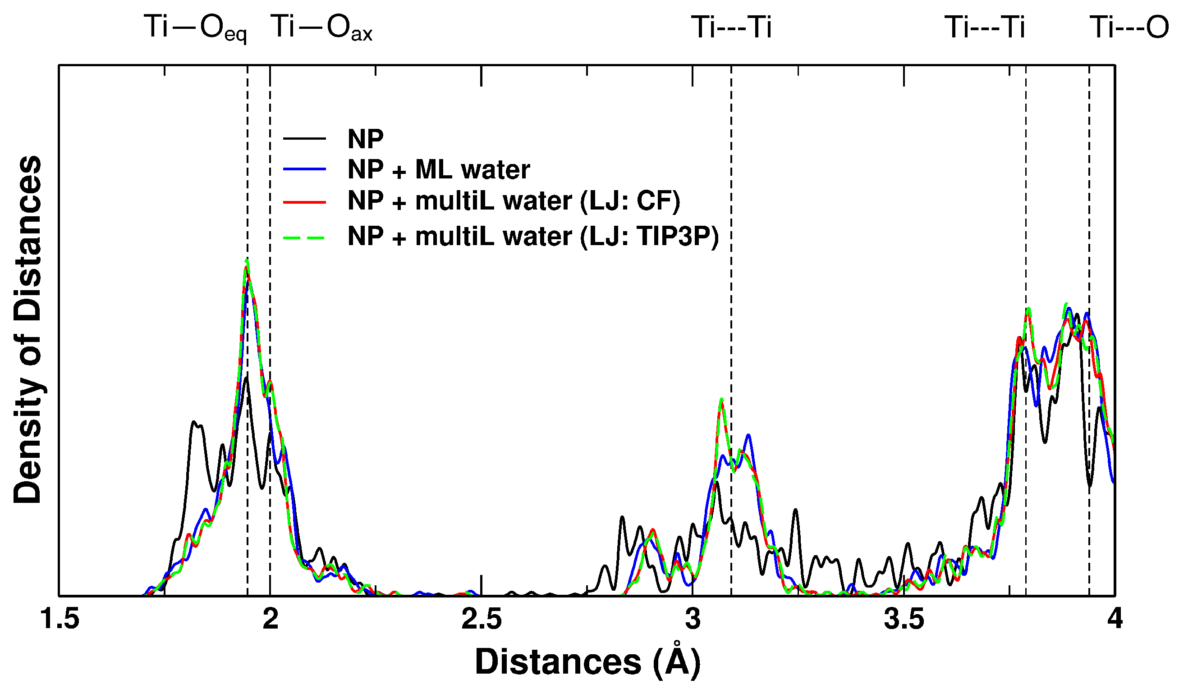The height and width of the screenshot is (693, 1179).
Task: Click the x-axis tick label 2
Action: tap(271, 619)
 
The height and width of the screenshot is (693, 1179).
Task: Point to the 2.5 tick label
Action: tap(482, 619)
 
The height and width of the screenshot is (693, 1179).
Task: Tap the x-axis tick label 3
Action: tap(693, 619)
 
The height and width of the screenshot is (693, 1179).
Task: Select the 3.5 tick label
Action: tap(904, 619)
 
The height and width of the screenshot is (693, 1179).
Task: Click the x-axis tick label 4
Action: tap(1115, 619)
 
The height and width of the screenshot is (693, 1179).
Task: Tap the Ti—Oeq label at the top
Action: tap(195, 28)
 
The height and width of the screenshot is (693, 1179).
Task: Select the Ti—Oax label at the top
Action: tap(321, 28)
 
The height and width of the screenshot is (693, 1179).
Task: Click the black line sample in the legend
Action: tap(305, 138)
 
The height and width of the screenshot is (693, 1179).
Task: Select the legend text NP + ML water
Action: tap(439, 169)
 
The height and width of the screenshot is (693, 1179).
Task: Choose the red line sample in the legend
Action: tap(305, 202)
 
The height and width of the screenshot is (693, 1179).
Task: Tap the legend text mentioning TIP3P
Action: tap(533, 236)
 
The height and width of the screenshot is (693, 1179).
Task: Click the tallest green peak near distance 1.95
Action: tap(247, 261)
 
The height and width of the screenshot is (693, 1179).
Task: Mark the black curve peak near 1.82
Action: tap(193, 422)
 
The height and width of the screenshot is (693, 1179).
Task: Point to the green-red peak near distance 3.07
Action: tap(721, 400)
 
